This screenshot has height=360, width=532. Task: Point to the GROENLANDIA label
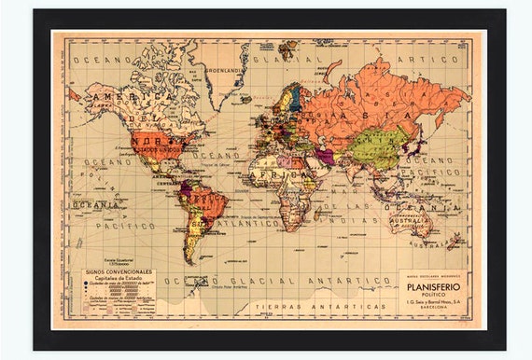[227, 68]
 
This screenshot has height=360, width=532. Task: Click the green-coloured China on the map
[377, 145]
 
